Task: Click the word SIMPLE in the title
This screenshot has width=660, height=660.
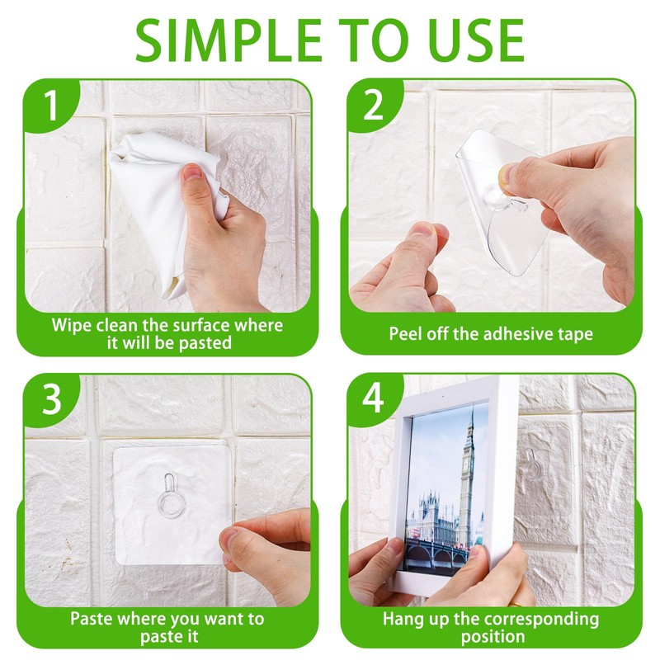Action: click(229, 40)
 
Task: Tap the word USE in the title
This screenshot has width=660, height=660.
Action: click(473, 40)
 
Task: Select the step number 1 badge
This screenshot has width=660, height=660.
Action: click(51, 106)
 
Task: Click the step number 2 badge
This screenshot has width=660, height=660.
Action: click(374, 106)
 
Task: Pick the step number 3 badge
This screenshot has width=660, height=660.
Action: click(51, 399)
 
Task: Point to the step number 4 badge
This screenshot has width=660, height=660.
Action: click(374, 398)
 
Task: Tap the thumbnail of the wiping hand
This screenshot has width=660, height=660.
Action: click(193, 172)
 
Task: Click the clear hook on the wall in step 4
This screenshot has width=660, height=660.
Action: click(533, 465)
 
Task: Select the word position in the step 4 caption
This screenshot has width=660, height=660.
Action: click(493, 636)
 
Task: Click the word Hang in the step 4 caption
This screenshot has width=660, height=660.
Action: click(403, 620)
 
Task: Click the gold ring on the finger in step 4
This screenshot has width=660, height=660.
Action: click(514, 604)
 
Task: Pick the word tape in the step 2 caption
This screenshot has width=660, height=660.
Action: click(575, 335)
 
